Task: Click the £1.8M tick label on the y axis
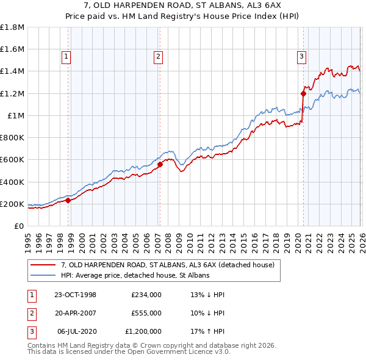pos(12,27)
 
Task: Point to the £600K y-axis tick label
pos(12,160)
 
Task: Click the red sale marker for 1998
pos(68,200)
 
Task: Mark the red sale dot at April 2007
pos(160,164)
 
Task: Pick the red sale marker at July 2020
pos(303,93)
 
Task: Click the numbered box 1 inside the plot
pos(66,57)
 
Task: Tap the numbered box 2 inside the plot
pos(158,57)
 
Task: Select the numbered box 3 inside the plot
pos(301,57)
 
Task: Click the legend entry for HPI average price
pos(135,275)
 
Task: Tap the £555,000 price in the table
pos(146,313)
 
